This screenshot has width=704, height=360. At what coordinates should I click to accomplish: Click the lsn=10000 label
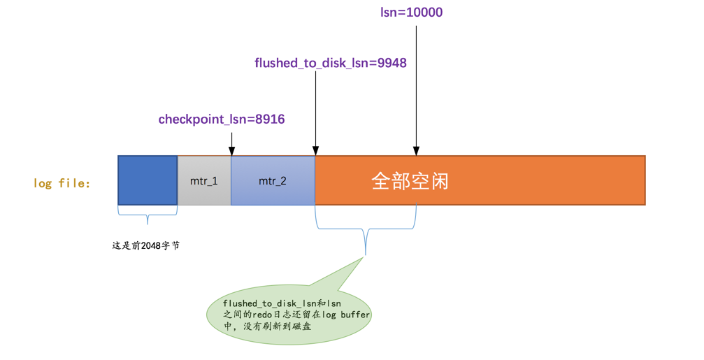tap(411, 12)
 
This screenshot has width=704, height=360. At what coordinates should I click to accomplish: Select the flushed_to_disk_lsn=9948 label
tap(331, 63)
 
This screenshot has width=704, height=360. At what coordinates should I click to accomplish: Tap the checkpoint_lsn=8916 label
tap(222, 120)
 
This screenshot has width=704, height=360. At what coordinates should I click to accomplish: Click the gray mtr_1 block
tap(204, 181)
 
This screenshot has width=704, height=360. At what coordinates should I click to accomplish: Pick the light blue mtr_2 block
tap(273, 181)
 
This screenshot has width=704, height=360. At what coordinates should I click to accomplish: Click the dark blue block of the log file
tap(148, 180)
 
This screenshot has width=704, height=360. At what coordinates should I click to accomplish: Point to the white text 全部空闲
tap(410, 181)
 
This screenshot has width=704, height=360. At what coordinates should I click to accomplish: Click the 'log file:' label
tap(62, 183)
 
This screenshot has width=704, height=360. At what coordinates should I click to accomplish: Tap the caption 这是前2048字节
tap(146, 245)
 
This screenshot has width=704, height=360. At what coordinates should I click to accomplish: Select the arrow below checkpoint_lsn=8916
tap(231, 143)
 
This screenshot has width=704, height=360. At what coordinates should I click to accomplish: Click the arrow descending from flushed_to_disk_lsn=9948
tap(315, 113)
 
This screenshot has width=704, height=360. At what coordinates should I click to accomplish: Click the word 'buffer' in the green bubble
tap(355, 315)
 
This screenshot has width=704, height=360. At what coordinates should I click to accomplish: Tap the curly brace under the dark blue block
tap(148, 215)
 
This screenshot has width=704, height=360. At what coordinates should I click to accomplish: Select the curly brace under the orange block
tap(366, 229)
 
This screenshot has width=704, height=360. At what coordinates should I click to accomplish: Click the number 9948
tap(392, 63)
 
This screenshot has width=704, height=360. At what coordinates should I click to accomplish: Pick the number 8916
tap(270, 120)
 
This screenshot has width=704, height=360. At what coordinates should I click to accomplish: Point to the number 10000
tap(424, 12)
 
